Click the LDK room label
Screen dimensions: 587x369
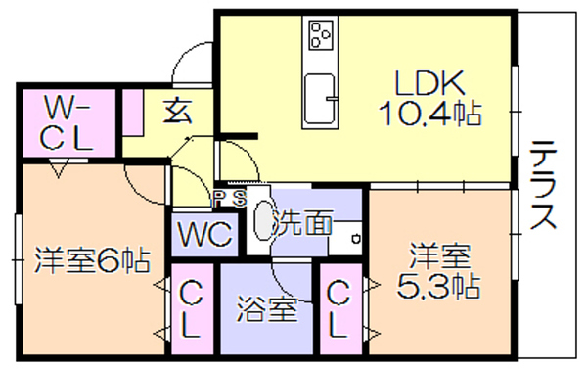429,82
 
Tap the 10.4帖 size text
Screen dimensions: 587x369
429,113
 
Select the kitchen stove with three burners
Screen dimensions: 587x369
321,35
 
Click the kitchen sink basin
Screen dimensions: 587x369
319,99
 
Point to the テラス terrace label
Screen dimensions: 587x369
543,185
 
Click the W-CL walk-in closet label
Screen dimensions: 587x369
66,122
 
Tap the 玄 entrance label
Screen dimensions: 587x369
177,112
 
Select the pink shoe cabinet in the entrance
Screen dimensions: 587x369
132,112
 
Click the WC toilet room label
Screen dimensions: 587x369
204,234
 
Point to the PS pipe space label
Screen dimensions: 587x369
229,198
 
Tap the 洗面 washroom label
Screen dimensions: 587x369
301,222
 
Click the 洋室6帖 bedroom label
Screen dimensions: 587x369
92,259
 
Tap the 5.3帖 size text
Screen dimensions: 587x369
437,287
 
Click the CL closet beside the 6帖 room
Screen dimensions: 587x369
192,309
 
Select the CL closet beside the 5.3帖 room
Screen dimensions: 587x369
339,309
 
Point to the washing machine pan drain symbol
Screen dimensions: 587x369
356,238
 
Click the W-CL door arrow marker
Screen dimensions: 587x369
59,167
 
